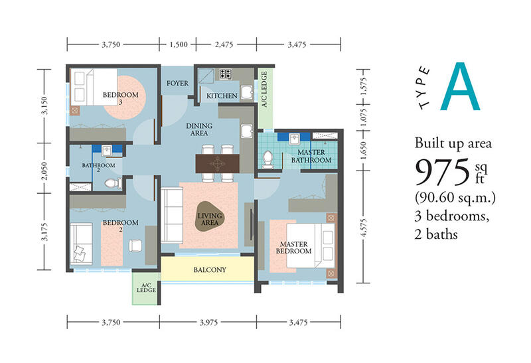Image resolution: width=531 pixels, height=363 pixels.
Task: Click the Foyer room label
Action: coord(177,83)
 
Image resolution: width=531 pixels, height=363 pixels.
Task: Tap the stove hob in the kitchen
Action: coord(226,74)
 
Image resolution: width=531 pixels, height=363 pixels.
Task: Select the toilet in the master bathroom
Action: coord(268,160)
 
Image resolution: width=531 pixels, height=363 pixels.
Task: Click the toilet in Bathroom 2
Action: coord(114,183)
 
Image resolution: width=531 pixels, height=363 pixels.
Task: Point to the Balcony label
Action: coord(210,270)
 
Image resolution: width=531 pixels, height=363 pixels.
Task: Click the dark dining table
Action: coord(218,163)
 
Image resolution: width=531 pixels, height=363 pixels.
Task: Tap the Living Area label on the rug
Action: coord(210,219)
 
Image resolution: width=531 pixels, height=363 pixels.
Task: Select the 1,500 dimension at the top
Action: coord(179,44)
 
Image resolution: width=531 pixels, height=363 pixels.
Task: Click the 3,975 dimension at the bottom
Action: coord(208,323)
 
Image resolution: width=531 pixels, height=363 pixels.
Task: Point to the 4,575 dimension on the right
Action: coord(364,228)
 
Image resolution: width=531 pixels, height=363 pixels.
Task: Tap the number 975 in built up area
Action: coord(442,173)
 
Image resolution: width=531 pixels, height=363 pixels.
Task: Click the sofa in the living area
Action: coord(172,216)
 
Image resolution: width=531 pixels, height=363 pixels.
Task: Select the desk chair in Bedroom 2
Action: coord(136,245)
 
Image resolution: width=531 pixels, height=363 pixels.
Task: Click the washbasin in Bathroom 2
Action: coord(107,150)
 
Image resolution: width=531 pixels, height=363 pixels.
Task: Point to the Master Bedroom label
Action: coord(293,248)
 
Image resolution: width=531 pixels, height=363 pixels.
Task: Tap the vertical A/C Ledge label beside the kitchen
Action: coord(264,89)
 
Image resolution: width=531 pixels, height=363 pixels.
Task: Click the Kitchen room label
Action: coord(222,96)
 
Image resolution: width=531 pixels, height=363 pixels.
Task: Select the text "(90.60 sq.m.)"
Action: coord(455,196)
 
